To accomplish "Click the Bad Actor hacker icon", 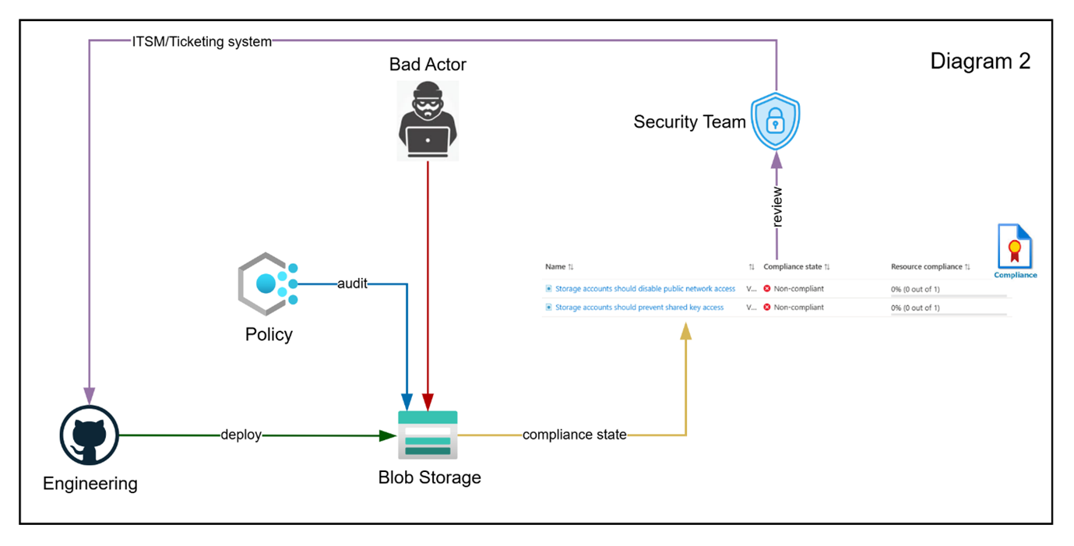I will (x=428, y=121).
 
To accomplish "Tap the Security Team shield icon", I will (x=775, y=122).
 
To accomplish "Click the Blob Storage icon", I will (x=428, y=435).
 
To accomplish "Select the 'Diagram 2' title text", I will (x=980, y=62).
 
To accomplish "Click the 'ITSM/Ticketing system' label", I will (x=202, y=42).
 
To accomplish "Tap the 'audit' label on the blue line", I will (x=352, y=284).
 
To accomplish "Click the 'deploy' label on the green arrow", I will (x=241, y=435).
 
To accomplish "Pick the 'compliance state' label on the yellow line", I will (x=575, y=435).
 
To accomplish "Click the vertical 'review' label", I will (x=777, y=206).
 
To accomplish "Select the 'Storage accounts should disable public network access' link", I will (x=645, y=289).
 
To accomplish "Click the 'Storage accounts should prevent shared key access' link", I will (x=639, y=308).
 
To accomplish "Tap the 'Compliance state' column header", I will (x=792, y=267).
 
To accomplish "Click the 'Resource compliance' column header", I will (x=926, y=267).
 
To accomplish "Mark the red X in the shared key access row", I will (x=767, y=308).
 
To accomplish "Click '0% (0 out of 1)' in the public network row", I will (x=915, y=290).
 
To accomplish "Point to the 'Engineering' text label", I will (x=90, y=484).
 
